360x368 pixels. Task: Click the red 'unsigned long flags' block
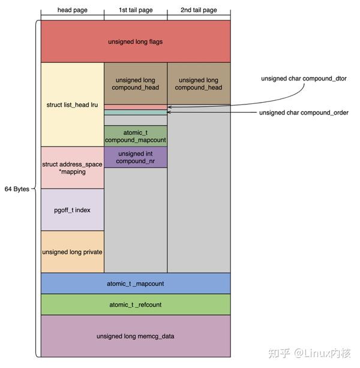click(x=136, y=41)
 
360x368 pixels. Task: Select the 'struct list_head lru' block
click(x=72, y=104)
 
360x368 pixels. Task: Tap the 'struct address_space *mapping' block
click(x=72, y=167)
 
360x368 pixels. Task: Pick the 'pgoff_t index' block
click(x=72, y=210)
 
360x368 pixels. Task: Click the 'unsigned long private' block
click(x=72, y=252)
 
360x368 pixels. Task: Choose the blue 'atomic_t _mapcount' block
click(x=136, y=283)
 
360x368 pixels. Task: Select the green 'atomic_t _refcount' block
click(x=136, y=304)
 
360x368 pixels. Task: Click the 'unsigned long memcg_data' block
click(x=136, y=336)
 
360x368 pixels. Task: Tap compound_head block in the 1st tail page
click(x=136, y=83)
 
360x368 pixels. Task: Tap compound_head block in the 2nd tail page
click(x=199, y=83)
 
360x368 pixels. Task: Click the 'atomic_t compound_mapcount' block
click(x=136, y=136)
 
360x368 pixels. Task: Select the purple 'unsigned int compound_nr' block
click(x=136, y=157)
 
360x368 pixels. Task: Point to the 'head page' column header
click(x=72, y=10)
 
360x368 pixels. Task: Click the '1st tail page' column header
click(x=136, y=10)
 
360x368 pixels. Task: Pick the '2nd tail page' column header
click(x=199, y=10)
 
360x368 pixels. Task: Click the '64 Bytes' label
click(x=17, y=189)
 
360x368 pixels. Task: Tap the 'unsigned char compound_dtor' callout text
click(x=304, y=79)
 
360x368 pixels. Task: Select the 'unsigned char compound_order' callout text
click(x=304, y=112)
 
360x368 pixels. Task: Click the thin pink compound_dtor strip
click(x=136, y=107)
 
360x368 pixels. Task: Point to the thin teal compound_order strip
click(x=136, y=112)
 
